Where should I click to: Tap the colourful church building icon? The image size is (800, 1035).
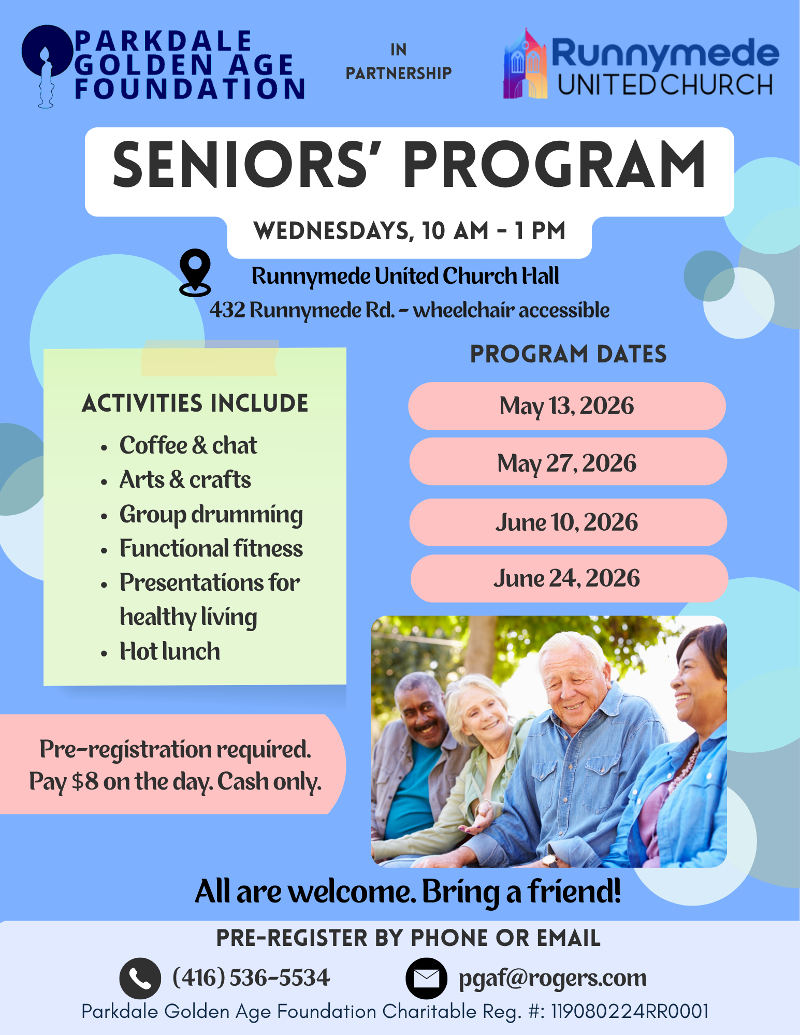click(x=525, y=65)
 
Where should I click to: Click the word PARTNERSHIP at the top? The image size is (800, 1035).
click(x=398, y=74)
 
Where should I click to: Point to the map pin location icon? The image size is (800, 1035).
click(x=195, y=272)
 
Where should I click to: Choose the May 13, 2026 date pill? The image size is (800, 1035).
click(x=566, y=406)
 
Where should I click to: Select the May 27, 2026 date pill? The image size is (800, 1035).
click(x=567, y=462)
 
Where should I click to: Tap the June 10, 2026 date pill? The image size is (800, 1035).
click(x=567, y=522)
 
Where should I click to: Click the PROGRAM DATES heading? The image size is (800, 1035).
click(x=568, y=355)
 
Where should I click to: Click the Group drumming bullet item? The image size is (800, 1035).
click(x=211, y=515)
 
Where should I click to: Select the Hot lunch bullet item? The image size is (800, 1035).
click(x=169, y=651)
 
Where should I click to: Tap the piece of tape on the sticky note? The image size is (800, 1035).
click(x=209, y=358)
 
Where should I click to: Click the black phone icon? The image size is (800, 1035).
click(x=140, y=978)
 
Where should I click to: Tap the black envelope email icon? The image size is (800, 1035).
click(x=426, y=978)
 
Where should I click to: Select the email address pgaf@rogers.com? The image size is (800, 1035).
click(x=552, y=978)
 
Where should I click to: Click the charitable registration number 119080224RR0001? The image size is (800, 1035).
click(x=629, y=1011)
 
